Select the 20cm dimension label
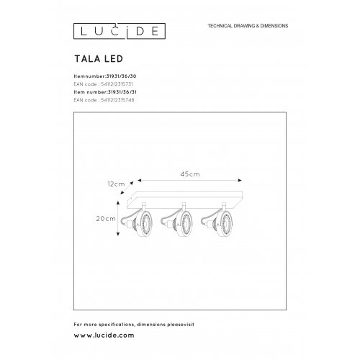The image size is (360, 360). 107,217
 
